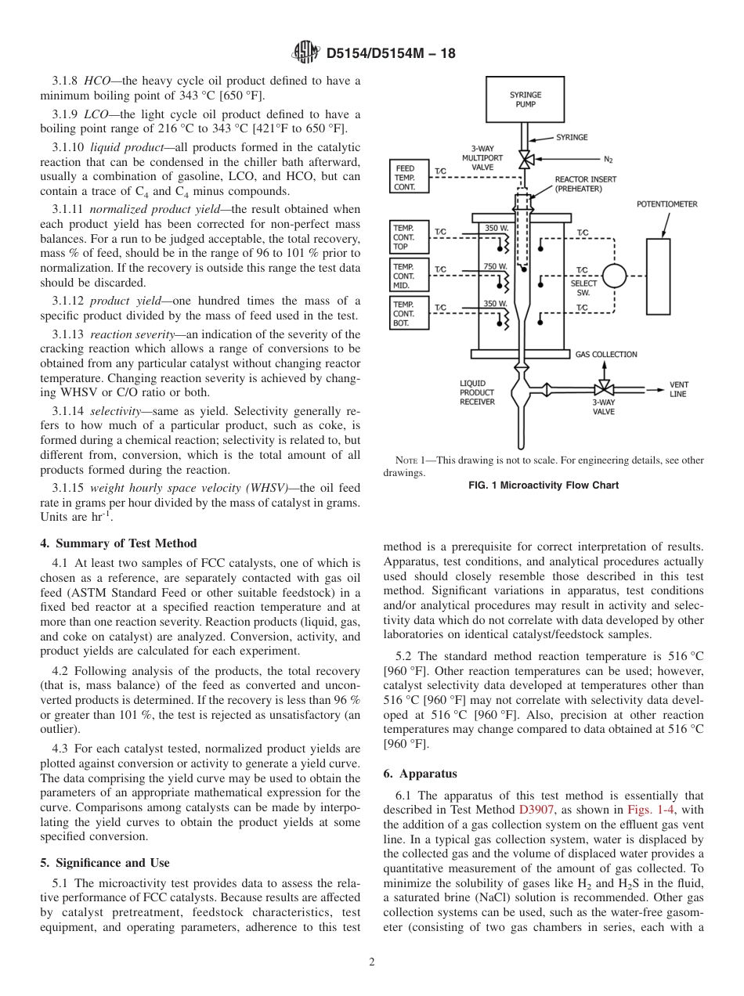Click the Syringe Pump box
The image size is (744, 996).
pyautogui.click(x=525, y=99)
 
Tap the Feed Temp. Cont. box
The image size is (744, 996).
pyautogui.click(x=407, y=178)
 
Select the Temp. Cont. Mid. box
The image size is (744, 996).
pyautogui.click(x=407, y=276)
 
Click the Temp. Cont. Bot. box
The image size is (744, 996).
pyautogui.click(x=407, y=313)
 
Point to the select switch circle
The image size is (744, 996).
pyautogui.click(x=614, y=276)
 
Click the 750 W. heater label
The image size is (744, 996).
pyautogui.click(x=495, y=266)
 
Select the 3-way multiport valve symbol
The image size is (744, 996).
pyautogui.click(x=526, y=159)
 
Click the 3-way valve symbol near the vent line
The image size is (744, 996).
pyautogui.click(x=603, y=389)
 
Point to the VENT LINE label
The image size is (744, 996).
pyautogui.click(x=678, y=389)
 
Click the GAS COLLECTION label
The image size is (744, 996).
pyautogui.click(x=606, y=354)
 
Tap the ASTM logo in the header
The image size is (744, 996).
pyautogui.click(x=305, y=53)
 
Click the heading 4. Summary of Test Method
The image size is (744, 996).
pyautogui.click(x=118, y=543)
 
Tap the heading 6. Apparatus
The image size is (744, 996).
pyautogui.click(x=420, y=774)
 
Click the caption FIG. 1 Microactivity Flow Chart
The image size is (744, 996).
pyautogui.click(x=544, y=485)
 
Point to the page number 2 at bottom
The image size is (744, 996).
pyautogui.click(x=372, y=962)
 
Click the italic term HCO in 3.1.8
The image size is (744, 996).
pyautogui.click(x=96, y=81)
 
